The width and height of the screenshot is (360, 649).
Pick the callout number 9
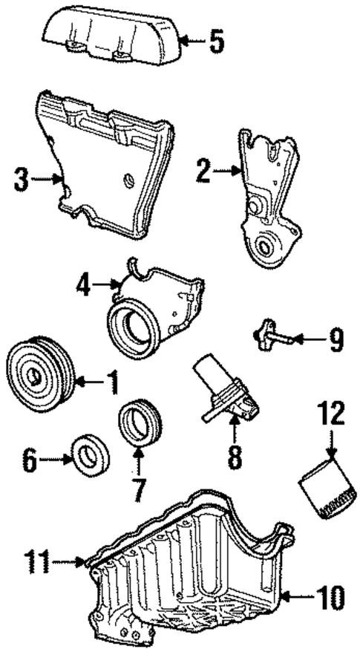point(336,341)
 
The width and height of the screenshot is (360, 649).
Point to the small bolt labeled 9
point(271,336)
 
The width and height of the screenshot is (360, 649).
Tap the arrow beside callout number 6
point(56,461)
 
